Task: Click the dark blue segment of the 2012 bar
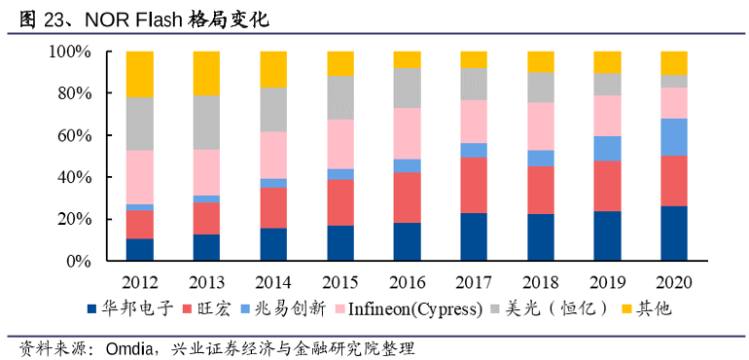tap(140, 250)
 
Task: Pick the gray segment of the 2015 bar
tap(340, 97)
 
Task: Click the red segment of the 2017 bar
tap(474, 185)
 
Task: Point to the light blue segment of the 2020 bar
tap(674, 136)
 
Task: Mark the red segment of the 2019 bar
tap(607, 186)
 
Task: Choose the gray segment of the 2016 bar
tap(407, 88)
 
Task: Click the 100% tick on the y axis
tap(70, 52)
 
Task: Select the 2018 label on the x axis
tap(540, 282)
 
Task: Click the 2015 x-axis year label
tap(340, 282)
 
